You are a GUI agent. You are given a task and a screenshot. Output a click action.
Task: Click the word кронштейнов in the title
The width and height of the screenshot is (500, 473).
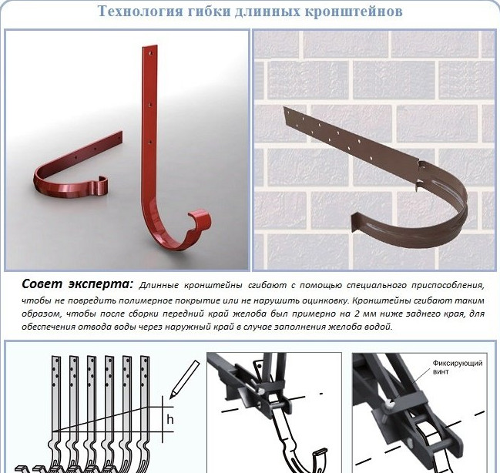(354, 12)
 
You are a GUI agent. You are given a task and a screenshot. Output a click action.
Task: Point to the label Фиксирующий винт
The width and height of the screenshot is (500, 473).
(458, 367)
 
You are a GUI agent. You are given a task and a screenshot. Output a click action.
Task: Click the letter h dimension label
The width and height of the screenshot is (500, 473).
(170, 419)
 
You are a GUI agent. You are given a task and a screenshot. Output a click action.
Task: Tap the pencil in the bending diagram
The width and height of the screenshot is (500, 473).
(184, 380)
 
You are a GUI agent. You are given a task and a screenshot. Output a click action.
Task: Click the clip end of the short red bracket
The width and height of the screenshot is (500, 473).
(100, 186)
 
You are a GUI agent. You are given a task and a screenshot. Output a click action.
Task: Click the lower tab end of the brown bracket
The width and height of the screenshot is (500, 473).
(356, 221)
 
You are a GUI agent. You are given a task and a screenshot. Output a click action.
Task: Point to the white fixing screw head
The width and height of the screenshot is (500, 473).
(390, 404)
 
